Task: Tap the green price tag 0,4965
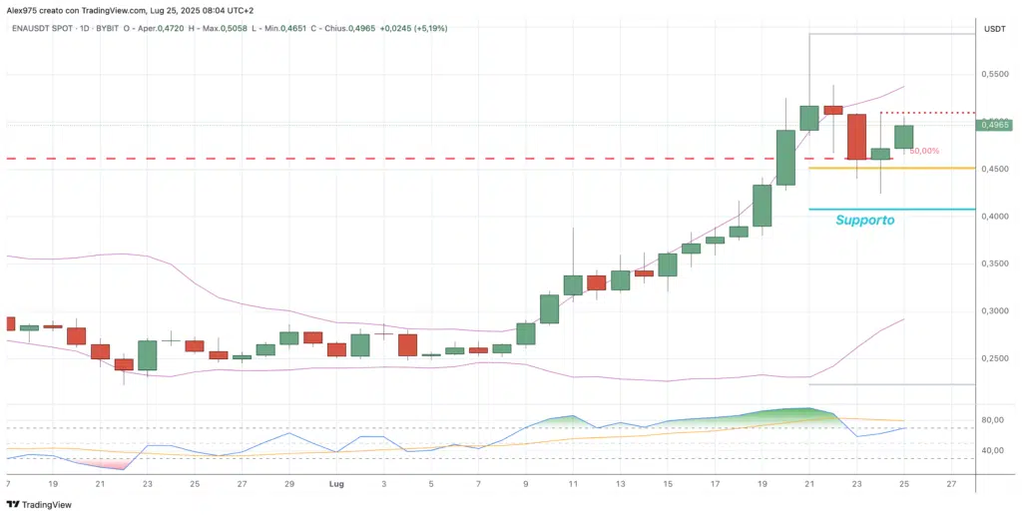coord(995,125)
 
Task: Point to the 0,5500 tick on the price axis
coord(994,75)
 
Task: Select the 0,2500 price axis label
coord(994,357)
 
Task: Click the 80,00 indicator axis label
coord(992,420)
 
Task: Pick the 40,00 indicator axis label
coord(992,450)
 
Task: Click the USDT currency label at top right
coord(994,29)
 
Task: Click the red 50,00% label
coord(923,151)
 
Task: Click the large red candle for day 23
coord(856,136)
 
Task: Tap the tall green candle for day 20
coord(785,157)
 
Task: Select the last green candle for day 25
coord(903,136)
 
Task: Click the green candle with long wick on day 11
coord(573,284)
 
